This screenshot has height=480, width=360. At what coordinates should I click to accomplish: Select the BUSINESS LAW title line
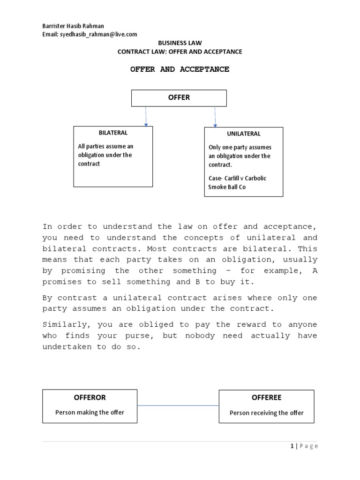pos(180,43)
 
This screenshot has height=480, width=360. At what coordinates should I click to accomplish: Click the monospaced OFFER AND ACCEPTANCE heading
pos(180,69)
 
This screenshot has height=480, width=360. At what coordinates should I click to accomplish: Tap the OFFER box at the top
pos(179,98)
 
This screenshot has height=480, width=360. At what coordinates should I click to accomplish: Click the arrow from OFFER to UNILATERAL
pos(215,117)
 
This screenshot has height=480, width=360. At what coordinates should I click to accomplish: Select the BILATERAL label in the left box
pos(113,133)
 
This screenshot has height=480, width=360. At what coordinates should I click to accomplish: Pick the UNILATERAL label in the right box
pos(244,134)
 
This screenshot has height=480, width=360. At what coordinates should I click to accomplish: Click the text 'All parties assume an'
pos(105,147)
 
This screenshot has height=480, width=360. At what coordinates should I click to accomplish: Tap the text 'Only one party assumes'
pos(240,148)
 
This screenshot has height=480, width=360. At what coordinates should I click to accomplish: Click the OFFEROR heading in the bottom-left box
pos(90,397)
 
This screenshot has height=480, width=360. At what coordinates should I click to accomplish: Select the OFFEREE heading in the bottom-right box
pos(266,397)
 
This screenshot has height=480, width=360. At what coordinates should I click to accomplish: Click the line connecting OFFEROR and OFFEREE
pos(178,406)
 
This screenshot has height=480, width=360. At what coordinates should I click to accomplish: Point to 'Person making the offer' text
pos(90,412)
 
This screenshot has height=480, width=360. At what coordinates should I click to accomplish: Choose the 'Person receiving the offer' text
pos(266,413)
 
